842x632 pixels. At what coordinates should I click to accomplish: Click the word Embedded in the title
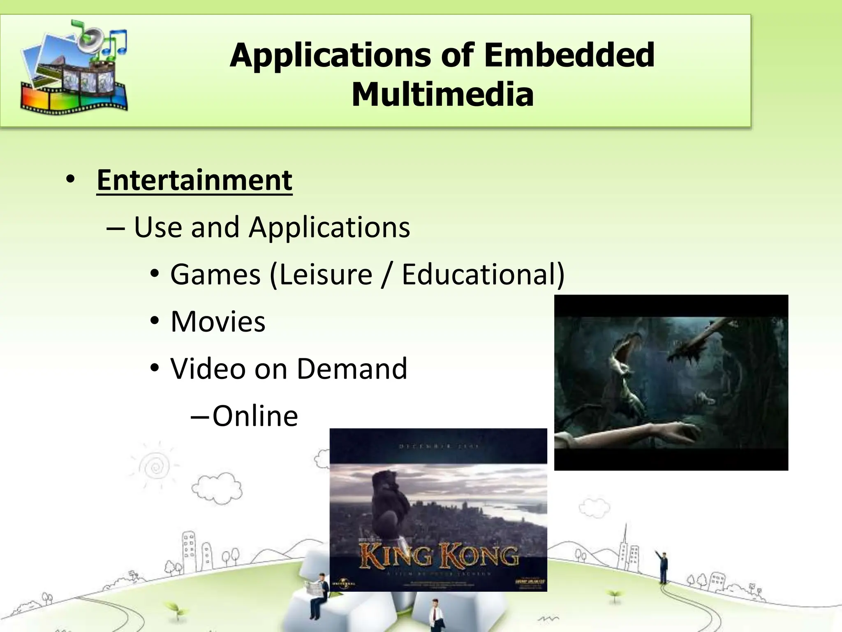569,55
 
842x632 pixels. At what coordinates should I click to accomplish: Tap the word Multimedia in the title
442,95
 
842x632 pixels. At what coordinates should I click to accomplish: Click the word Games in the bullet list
215,274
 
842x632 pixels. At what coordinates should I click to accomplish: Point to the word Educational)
483,274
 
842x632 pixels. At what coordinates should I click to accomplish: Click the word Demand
352,369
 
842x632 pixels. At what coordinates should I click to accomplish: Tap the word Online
255,416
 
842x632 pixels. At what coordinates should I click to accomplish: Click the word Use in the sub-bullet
157,227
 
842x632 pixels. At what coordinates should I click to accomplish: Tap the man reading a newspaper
318,592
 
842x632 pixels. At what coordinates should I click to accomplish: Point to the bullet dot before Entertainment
70,180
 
